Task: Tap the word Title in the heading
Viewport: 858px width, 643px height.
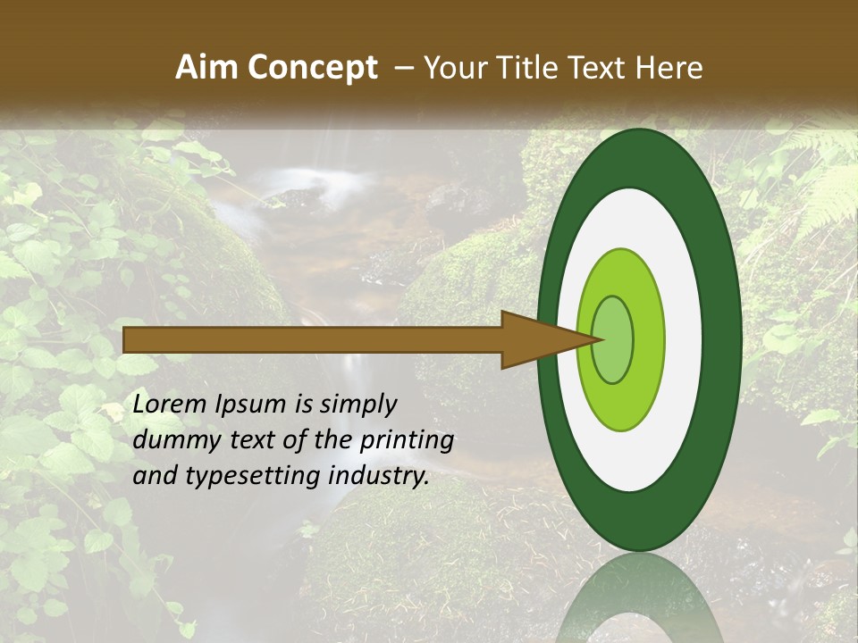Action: coord(523,68)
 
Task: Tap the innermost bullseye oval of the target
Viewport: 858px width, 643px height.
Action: coord(614,340)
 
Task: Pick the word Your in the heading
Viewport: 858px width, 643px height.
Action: coord(452,68)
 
